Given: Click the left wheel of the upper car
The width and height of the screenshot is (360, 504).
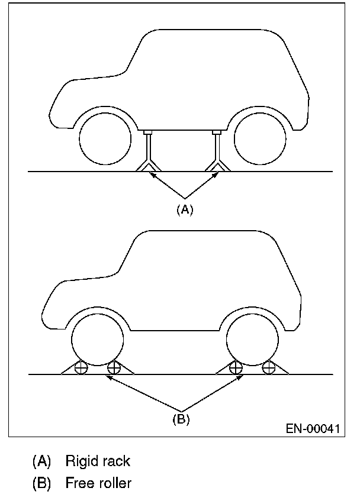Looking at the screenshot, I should (x=105, y=138).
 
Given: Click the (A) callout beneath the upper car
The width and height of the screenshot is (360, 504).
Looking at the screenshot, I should (x=185, y=209).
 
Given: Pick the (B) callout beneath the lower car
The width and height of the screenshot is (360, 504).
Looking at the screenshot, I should (x=181, y=419).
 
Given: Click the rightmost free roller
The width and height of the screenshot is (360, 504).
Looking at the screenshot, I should (x=269, y=367).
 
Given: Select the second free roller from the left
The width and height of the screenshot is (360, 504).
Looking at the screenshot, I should (x=114, y=367).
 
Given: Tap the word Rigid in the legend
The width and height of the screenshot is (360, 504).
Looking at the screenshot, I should (x=80, y=460).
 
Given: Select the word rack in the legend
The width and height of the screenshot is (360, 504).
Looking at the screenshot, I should (x=114, y=460).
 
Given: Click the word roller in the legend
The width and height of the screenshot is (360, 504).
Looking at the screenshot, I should (x=115, y=483).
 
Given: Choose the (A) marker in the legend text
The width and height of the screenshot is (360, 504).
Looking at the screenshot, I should (x=41, y=460).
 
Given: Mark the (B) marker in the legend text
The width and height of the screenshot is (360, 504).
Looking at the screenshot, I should (x=41, y=483).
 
